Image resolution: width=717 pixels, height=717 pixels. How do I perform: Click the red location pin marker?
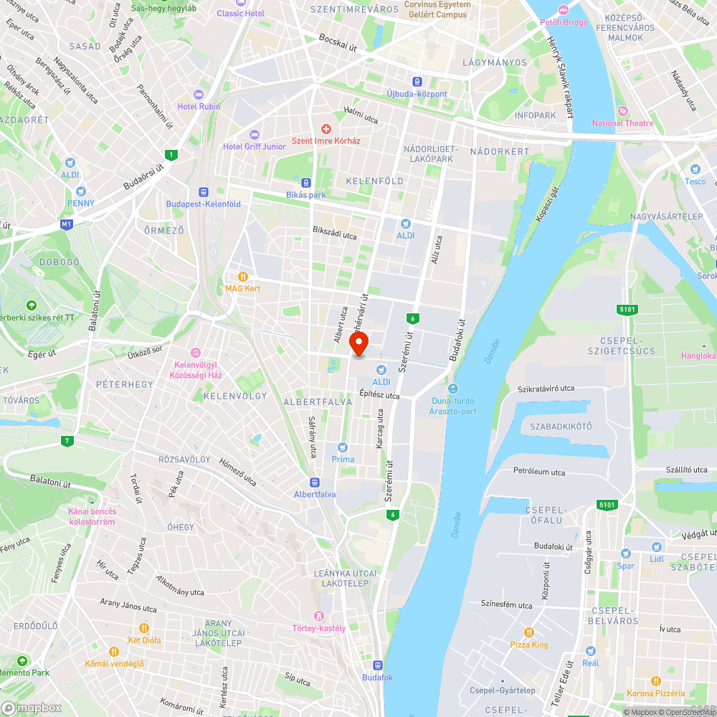pos(358,343)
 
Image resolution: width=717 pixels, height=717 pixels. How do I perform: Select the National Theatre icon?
pos(622,111)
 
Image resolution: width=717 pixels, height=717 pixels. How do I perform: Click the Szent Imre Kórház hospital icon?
pos(326,129)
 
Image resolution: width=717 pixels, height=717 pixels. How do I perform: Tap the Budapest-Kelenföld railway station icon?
pos(204,192)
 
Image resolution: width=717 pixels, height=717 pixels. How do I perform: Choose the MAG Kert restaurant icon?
pos(243,276)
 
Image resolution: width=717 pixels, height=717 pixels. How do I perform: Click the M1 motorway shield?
pos(67,224)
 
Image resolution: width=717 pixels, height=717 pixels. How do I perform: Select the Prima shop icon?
pos(343,447)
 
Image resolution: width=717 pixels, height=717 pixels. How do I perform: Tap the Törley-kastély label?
pos(319,629)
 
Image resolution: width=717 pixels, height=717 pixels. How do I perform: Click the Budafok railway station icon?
pos(377,665)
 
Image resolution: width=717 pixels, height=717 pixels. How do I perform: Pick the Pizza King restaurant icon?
pos(528,632)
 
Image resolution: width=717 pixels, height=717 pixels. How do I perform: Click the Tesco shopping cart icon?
pos(694,169)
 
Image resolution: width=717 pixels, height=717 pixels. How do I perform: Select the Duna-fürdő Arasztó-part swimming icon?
pos(453,388)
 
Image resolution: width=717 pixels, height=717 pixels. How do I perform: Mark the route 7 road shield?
pos(67,440)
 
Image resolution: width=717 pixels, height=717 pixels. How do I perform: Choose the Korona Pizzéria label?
pos(655,693)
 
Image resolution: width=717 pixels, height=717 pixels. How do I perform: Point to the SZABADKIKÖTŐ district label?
pos(561,426)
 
